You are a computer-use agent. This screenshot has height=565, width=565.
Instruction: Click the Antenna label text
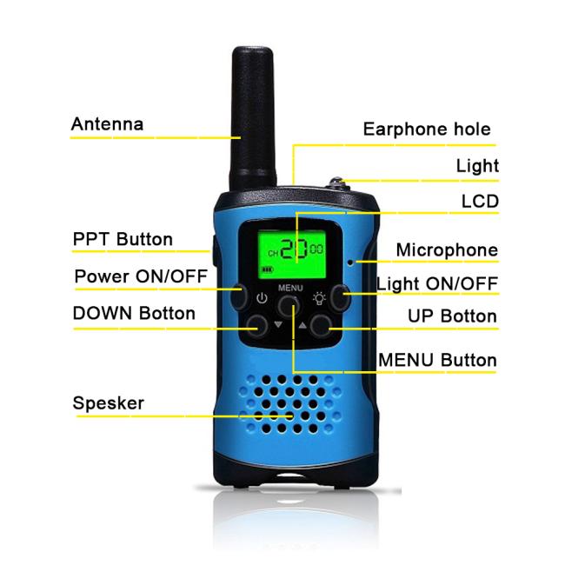coord(108,124)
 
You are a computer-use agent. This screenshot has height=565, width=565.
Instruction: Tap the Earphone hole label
coord(427,129)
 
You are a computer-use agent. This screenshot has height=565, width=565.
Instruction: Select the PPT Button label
coord(123,239)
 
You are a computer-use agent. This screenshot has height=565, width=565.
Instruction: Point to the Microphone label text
coord(447,250)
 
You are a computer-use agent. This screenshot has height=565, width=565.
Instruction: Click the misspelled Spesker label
coord(109,402)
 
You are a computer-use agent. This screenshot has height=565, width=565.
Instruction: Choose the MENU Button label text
coord(437,360)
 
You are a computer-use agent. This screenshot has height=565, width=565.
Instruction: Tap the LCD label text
coord(480,201)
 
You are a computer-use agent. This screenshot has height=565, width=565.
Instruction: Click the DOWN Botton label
coord(134,313)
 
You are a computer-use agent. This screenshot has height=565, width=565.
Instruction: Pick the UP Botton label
coord(452,316)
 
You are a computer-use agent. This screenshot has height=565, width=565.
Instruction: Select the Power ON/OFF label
coord(141,276)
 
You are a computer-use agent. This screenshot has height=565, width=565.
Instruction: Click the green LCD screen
coord(292,255)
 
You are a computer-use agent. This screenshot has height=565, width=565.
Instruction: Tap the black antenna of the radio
coord(253,119)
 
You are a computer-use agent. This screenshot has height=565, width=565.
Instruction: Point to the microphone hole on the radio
coord(350,262)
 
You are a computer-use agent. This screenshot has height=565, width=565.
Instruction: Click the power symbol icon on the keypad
coord(262,298)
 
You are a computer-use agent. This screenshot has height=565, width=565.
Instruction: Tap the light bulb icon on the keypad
coord(319,298)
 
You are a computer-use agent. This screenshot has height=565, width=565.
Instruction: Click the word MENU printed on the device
coord(290,288)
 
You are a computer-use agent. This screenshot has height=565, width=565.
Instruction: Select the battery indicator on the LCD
coord(268,269)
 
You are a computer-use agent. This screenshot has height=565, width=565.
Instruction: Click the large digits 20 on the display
coord(294,249)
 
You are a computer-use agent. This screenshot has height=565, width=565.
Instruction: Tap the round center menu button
coord(289,306)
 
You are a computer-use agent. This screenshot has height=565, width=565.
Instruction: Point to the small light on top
coord(337,183)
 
